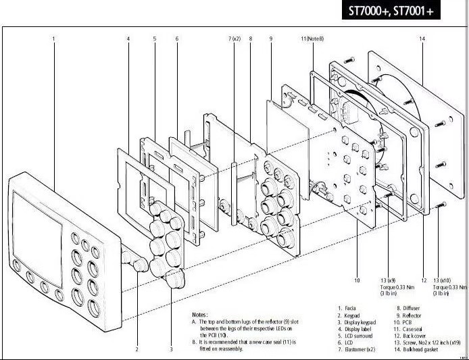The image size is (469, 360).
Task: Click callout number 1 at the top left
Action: [53, 39]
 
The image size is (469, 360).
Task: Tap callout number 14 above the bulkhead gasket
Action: [422, 39]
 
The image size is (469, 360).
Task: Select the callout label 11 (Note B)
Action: [312, 39]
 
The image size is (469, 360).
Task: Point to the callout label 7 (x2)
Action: [234, 39]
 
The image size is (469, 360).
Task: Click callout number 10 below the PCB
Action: [357, 280]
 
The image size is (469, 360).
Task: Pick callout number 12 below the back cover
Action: [424, 280]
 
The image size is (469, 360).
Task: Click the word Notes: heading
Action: [200, 315]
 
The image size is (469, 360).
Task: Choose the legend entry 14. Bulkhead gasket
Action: [423, 350]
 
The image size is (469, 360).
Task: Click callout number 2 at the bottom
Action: [137, 349]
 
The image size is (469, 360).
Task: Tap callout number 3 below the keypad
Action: [171, 349]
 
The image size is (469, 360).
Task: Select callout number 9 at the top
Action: [270, 39]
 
